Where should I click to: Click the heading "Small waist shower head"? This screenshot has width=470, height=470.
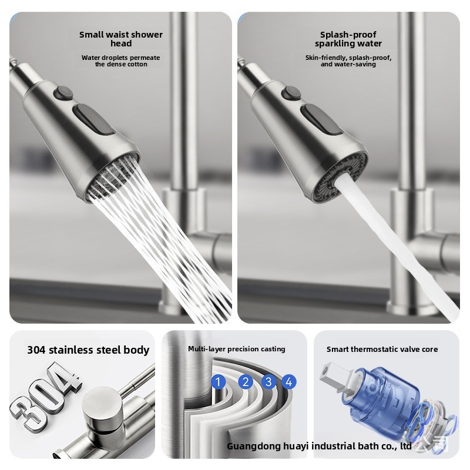(121, 39)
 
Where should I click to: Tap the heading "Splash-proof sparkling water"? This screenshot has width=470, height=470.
(348, 39)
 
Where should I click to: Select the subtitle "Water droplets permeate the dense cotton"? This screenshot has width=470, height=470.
(121, 61)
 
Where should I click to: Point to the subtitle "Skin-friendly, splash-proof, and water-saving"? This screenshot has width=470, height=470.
(348, 61)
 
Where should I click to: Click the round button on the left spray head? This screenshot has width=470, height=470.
(63, 93)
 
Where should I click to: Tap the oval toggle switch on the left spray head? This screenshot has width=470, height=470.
(93, 119)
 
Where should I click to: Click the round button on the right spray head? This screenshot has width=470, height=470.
(291, 93)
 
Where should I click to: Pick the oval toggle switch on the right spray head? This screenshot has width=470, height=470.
(321, 119)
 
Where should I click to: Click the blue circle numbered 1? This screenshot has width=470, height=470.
(218, 382)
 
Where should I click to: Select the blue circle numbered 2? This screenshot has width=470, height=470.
(246, 382)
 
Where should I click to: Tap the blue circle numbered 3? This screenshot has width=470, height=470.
(268, 382)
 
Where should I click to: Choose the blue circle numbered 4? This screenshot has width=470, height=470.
(288, 382)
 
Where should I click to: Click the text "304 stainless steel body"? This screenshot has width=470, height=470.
(88, 350)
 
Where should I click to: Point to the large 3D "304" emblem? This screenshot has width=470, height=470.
(45, 395)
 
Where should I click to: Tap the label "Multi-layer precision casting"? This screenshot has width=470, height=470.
(237, 349)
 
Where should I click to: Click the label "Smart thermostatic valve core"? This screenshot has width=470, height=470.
(382, 349)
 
